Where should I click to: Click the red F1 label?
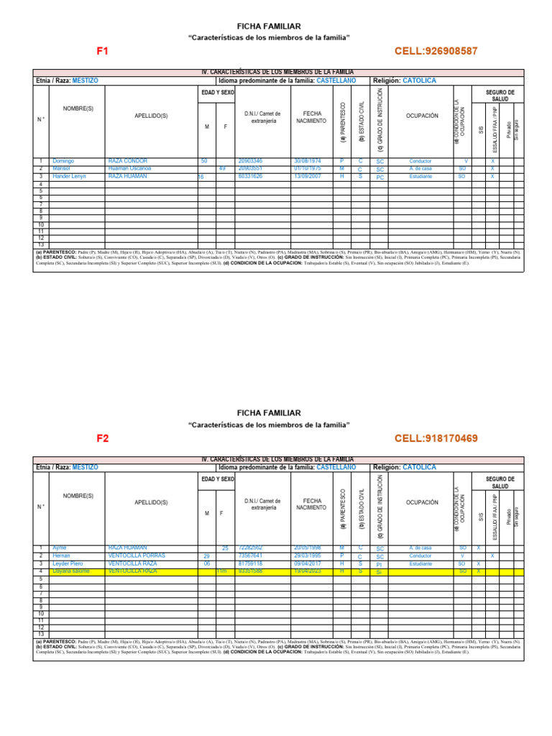click(103, 52)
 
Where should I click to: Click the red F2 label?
click(103, 438)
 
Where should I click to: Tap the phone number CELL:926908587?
click(436, 52)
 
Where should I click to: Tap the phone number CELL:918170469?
click(436, 438)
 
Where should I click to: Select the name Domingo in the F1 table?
click(63, 161)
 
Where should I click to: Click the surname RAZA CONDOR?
click(127, 161)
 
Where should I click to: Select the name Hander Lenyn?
click(69, 176)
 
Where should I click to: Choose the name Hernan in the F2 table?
click(62, 556)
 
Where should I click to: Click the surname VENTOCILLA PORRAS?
click(137, 556)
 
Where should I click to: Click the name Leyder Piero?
click(68, 563)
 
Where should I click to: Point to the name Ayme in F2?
click(60, 548)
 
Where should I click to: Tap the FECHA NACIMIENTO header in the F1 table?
click(312, 118)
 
